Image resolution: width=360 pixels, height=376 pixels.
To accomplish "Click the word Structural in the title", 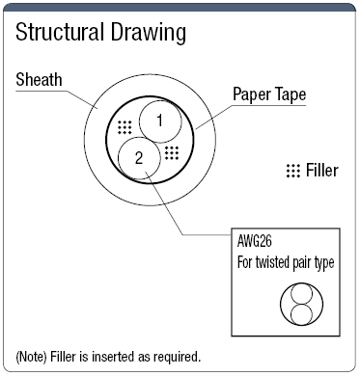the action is (x=58, y=34).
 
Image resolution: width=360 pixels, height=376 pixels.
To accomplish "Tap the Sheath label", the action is (x=40, y=78).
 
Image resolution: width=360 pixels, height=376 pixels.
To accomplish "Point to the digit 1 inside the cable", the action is (x=160, y=121).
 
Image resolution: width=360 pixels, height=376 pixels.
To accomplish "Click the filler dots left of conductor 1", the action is (x=125, y=126).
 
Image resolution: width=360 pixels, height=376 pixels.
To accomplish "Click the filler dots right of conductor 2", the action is (x=172, y=151).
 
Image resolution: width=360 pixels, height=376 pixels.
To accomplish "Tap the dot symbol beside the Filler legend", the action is (x=292, y=171).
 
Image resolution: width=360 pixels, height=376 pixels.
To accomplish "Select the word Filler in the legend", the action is (x=321, y=171).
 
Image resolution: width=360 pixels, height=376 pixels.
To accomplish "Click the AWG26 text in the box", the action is (x=256, y=242).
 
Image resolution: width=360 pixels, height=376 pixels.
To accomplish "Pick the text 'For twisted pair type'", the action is (x=286, y=261).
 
